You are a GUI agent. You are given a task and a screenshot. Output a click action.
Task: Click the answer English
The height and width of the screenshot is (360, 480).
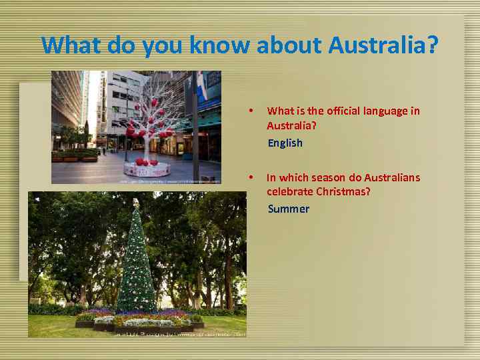tap(285, 143)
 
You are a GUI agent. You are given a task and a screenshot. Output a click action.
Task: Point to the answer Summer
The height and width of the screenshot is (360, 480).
tap(288, 209)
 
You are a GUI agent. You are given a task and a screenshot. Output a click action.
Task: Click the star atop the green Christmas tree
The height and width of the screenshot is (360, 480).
tap(136, 201)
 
